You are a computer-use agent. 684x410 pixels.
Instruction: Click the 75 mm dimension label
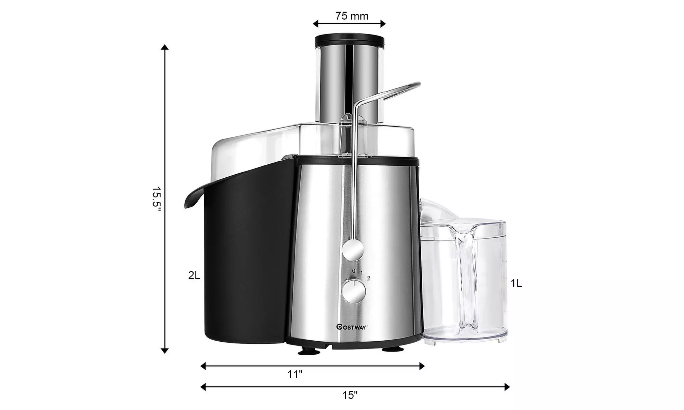pyautogui.click(x=352, y=16)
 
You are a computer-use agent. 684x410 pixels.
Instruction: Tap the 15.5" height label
pyautogui.click(x=156, y=204)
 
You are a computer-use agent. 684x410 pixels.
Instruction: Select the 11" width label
pyautogui.click(x=295, y=374)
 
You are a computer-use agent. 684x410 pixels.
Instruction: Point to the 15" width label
pyautogui.click(x=350, y=395)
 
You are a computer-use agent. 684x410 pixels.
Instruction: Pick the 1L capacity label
pyautogui.click(x=516, y=283)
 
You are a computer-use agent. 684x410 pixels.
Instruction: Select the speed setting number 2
pyautogui.click(x=368, y=278)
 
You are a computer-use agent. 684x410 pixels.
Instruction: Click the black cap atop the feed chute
pyautogui.click(x=349, y=40)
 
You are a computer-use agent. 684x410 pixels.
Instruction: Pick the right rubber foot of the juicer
pyautogui.click(x=392, y=349)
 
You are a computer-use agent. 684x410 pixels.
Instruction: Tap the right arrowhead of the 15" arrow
pyautogui.click(x=507, y=387)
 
